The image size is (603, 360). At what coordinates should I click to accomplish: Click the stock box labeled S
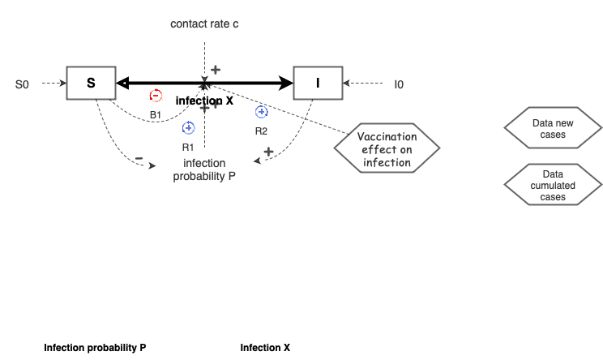[91, 83]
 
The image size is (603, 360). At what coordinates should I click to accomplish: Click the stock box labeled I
[318, 83]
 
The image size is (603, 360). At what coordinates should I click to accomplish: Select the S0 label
[22, 84]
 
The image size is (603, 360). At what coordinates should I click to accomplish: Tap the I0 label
[399, 84]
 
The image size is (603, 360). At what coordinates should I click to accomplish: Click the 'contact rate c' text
[204, 24]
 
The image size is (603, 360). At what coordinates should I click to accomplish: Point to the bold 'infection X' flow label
[204, 101]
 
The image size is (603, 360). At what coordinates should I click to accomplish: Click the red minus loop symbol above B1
[156, 96]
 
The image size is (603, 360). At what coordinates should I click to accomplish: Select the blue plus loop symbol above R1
[188, 127]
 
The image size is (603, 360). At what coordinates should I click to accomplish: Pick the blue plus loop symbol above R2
[261, 112]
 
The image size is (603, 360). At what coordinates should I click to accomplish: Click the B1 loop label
[155, 115]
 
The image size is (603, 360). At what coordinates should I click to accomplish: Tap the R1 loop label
[187, 147]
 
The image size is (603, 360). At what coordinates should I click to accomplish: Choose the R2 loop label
[261, 131]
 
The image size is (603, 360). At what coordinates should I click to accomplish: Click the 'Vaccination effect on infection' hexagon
[387, 150]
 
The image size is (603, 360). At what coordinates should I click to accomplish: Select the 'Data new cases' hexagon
[553, 129]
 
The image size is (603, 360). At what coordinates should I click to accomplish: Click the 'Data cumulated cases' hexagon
[553, 186]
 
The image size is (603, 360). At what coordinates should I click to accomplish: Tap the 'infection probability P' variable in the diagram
[204, 169]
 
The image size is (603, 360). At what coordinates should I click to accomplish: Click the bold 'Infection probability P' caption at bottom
[95, 348]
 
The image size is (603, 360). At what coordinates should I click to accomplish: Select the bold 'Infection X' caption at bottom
[265, 348]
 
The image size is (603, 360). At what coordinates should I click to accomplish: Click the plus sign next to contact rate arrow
[216, 70]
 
